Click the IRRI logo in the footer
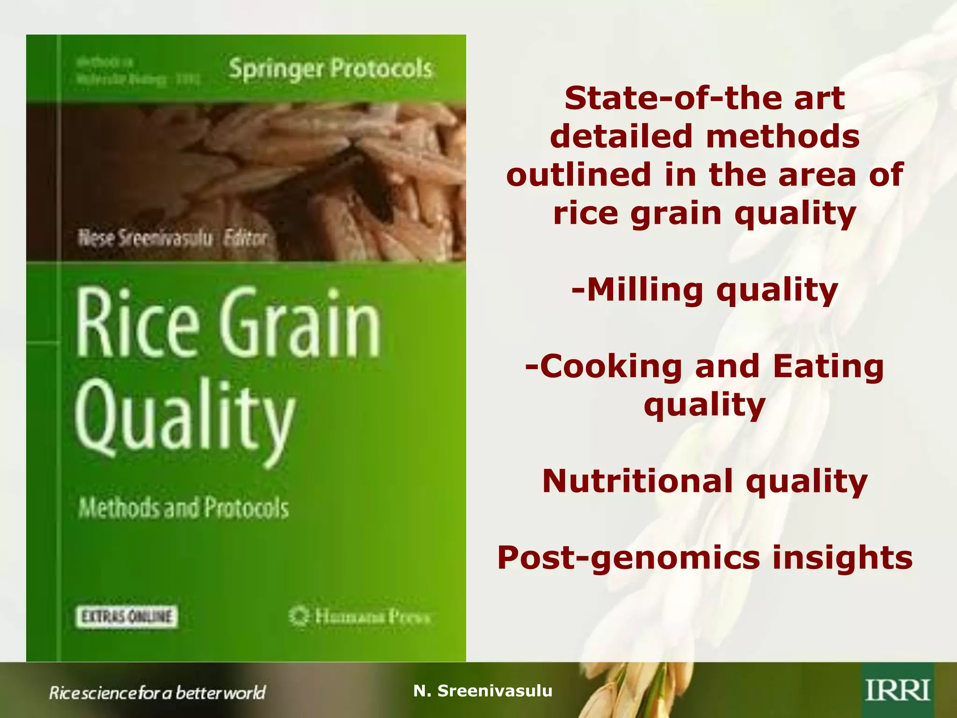898,690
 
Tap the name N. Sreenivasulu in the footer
483,690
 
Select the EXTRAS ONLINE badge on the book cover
127,617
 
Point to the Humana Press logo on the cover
359,616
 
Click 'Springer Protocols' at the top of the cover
330,69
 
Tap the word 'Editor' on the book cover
245,238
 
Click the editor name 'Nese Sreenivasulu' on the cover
145,238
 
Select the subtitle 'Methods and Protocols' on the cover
184,508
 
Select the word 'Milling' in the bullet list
644,290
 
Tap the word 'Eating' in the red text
828,366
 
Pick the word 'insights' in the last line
842,557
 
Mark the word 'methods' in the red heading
782,136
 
